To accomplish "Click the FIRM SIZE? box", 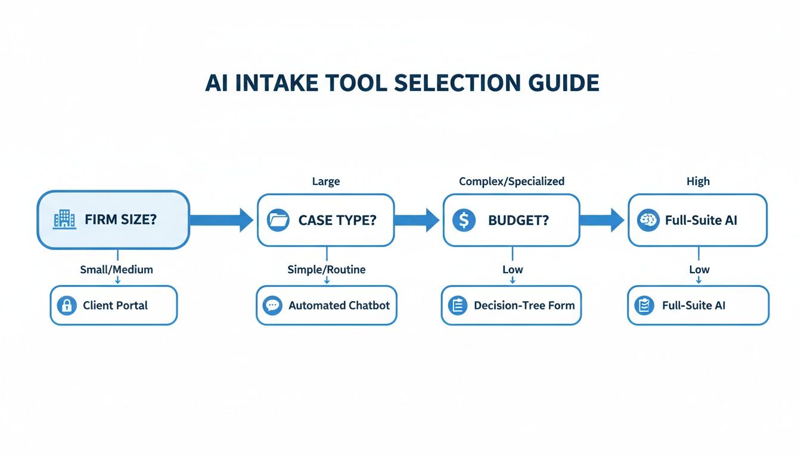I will click(x=113, y=220).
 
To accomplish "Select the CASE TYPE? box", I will click(x=325, y=220).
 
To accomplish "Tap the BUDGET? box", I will click(x=511, y=220).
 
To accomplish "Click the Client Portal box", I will click(x=113, y=305).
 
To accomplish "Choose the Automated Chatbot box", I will click(x=326, y=305).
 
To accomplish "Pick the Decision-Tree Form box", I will click(x=511, y=305).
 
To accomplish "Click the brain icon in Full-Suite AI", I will click(x=648, y=220).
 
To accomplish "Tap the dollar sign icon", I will click(x=464, y=220).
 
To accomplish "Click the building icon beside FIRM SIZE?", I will click(x=64, y=220).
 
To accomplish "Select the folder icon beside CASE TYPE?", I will click(x=278, y=220).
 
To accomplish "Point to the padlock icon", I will click(x=67, y=306).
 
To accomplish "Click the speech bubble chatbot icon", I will click(x=273, y=306).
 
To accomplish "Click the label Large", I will click(x=326, y=181).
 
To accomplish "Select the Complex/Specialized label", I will click(x=511, y=181).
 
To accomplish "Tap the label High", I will click(x=698, y=181).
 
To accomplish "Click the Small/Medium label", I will click(x=116, y=270).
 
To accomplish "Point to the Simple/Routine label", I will click(x=327, y=270).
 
